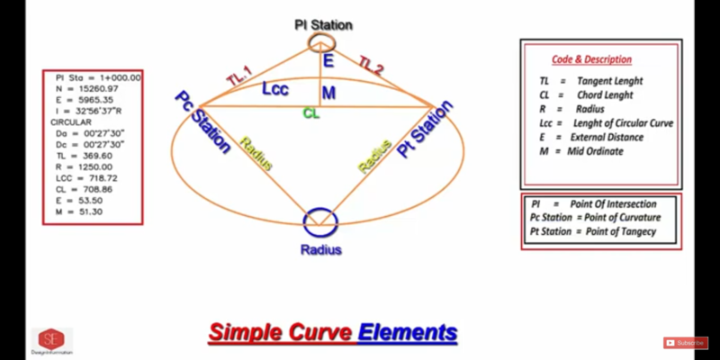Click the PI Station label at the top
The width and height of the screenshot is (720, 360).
[323, 24]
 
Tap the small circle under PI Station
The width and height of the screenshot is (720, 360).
[319, 44]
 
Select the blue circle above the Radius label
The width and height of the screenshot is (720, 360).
[320, 221]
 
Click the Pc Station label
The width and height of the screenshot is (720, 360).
[203, 121]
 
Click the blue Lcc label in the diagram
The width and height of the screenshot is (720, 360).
[275, 89]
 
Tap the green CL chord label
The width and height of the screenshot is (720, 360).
[310, 114]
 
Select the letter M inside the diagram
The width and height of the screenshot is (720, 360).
[328, 93]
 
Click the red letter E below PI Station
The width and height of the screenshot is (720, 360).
[328, 61]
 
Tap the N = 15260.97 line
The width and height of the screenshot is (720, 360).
[86, 88]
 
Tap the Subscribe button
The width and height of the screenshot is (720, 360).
[686, 343]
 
